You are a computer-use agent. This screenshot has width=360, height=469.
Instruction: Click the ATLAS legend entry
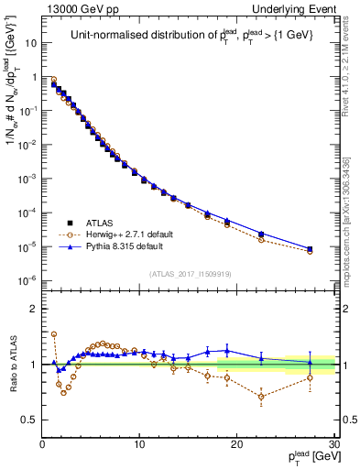[101, 222]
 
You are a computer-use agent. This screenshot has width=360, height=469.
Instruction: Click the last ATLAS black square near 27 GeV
[310, 248]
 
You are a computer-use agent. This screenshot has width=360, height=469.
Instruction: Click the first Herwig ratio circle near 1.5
[54, 334]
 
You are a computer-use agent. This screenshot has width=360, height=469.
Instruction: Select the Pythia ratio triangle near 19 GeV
[227, 349]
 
